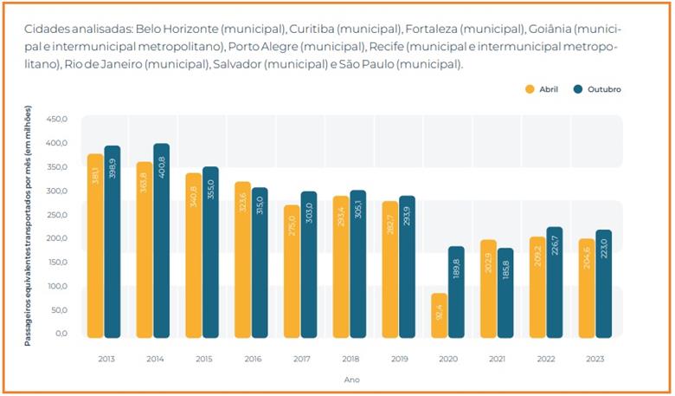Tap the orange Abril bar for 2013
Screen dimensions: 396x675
point(94,246)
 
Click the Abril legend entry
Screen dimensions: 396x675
point(542,89)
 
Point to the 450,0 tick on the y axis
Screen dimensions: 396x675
point(57,119)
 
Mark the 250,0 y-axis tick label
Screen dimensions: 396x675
point(57,214)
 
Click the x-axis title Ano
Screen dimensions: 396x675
point(351,380)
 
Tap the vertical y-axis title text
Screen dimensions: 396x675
point(29,225)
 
